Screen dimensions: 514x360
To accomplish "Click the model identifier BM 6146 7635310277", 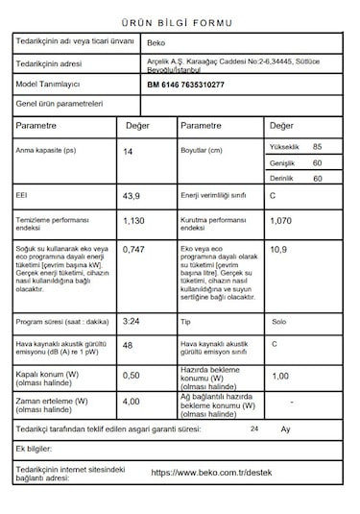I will (185, 86).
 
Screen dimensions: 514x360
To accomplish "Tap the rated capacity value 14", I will (128, 152).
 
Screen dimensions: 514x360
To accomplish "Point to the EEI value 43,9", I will (132, 196).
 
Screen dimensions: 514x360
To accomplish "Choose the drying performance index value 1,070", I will (280, 221).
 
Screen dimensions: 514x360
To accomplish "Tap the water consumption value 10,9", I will (278, 250).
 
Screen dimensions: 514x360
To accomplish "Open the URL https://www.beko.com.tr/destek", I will (213, 473).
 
